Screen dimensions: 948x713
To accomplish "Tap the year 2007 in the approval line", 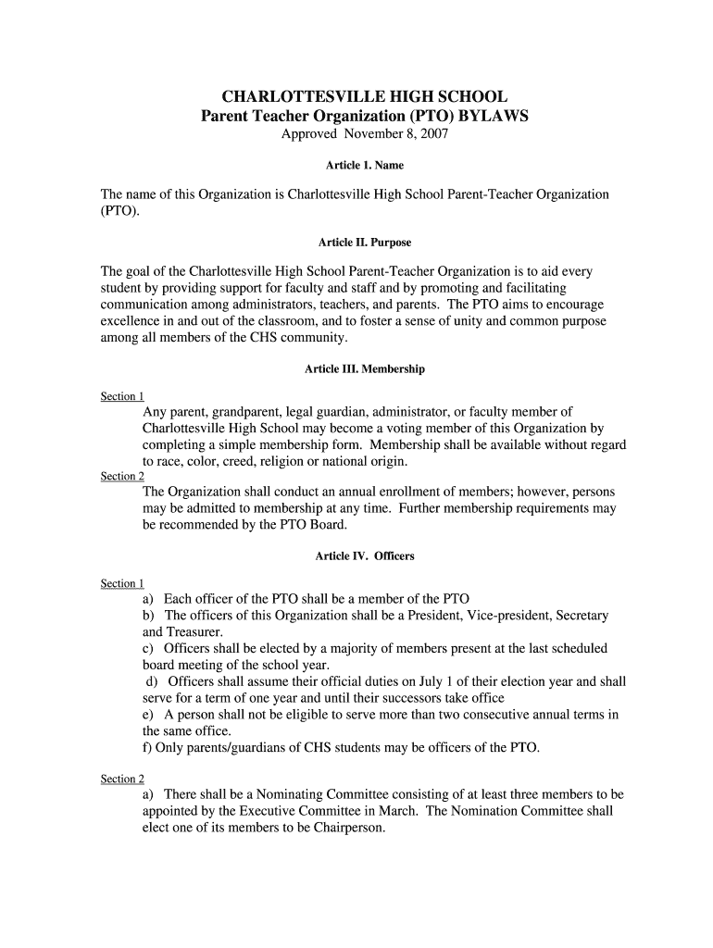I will tap(433, 135).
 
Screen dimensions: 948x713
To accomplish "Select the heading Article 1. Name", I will tap(365, 166).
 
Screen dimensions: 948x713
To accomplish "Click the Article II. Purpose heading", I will tap(365, 243).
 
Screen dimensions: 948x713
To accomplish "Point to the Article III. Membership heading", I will tap(365, 368).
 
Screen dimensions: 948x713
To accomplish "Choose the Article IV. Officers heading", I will tap(365, 556).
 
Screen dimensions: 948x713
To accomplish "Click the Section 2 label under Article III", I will tap(122, 476).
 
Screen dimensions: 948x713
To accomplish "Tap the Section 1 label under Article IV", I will tap(122, 583).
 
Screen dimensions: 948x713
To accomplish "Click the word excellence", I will tap(131, 321).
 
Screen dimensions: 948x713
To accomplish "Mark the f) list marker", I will tap(147, 747).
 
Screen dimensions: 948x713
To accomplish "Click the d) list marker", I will tap(151, 682).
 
